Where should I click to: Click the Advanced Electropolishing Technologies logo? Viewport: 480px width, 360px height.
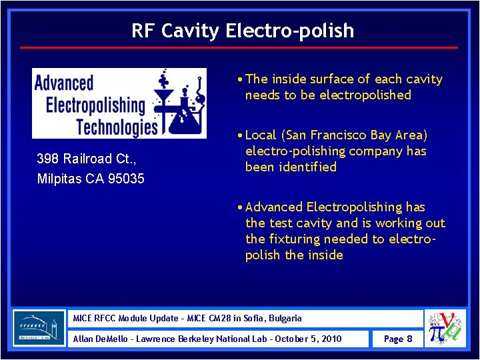click(x=119, y=103)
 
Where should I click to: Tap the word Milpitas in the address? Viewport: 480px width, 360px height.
click(x=61, y=179)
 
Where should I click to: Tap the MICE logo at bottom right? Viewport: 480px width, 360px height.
click(x=446, y=328)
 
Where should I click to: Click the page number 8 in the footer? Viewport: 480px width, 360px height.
click(x=409, y=339)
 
